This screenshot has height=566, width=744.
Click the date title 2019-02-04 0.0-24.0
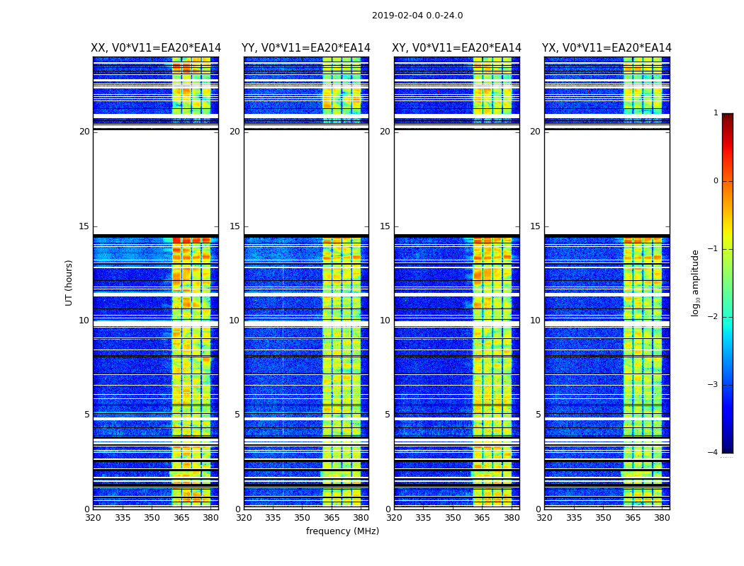click(x=417, y=16)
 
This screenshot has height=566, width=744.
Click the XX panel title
click(x=156, y=48)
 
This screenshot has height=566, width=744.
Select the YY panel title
click(x=306, y=48)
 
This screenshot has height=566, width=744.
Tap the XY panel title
click(x=457, y=48)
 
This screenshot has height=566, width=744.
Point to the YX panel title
click(x=607, y=48)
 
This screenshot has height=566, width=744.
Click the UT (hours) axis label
click(x=69, y=282)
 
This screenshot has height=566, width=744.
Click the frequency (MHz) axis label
click(x=342, y=531)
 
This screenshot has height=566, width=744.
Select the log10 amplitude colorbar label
click(x=696, y=282)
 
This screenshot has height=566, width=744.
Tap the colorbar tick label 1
click(x=716, y=113)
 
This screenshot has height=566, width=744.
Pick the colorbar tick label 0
click(x=716, y=181)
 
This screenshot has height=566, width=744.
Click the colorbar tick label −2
click(x=714, y=317)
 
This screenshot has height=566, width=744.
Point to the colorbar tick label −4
click(x=714, y=453)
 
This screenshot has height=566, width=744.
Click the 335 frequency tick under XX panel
click(x=123, y=518)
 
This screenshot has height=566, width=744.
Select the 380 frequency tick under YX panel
click(x=662, y=518)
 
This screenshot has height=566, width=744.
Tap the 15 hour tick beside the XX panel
click(x=84, y=226)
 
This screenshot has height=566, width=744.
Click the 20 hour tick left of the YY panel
click(x=235, y=132)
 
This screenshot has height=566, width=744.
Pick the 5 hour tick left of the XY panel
click(x=388, y=415)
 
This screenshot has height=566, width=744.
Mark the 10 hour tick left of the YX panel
click(x=535, y=320)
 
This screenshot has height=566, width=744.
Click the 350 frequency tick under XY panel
click(x=453, y=518)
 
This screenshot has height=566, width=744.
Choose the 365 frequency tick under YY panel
click(x=332, y=518)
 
